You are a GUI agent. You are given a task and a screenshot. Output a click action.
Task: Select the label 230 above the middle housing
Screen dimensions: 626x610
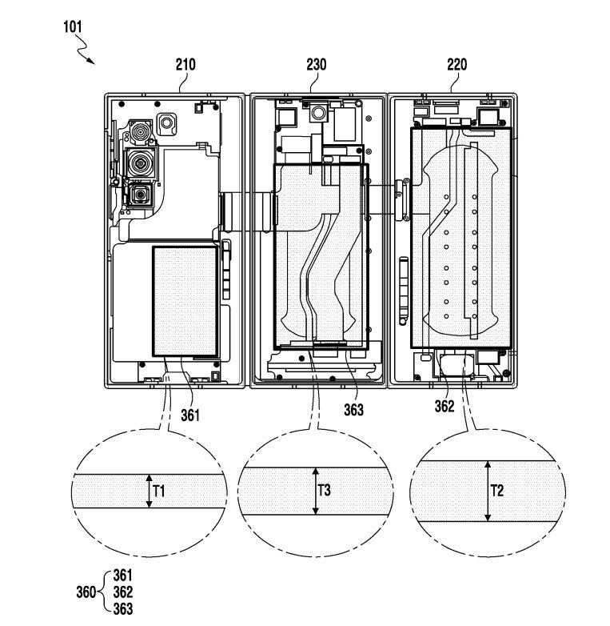(x=317, y=65)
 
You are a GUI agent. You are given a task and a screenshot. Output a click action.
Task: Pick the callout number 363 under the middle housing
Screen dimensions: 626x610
(x=353, y=410)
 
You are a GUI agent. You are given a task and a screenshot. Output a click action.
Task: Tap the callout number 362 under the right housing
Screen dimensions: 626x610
(x=445, y=406)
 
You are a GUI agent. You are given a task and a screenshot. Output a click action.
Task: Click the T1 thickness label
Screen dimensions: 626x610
(x=159, y=492)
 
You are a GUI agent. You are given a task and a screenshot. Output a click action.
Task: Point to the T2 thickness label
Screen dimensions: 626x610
(x=498, y=491)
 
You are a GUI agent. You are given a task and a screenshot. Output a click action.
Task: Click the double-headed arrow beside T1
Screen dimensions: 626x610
(x=148, y=491)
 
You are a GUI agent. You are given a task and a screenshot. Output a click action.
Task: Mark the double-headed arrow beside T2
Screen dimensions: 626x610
(x=486, y=491)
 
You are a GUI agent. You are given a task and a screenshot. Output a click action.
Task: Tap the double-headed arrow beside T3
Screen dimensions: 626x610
(x=314, y=491)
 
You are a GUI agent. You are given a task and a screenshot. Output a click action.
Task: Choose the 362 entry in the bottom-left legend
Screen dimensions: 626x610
(x=122, y=592)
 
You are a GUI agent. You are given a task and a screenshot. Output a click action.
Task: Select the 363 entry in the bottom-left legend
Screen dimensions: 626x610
(x=122, y=608)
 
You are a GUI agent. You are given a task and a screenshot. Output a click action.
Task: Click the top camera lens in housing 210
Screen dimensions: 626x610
(x=142, y=133)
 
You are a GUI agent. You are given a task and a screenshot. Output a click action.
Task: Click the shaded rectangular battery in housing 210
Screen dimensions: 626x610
(x=185, y=300)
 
